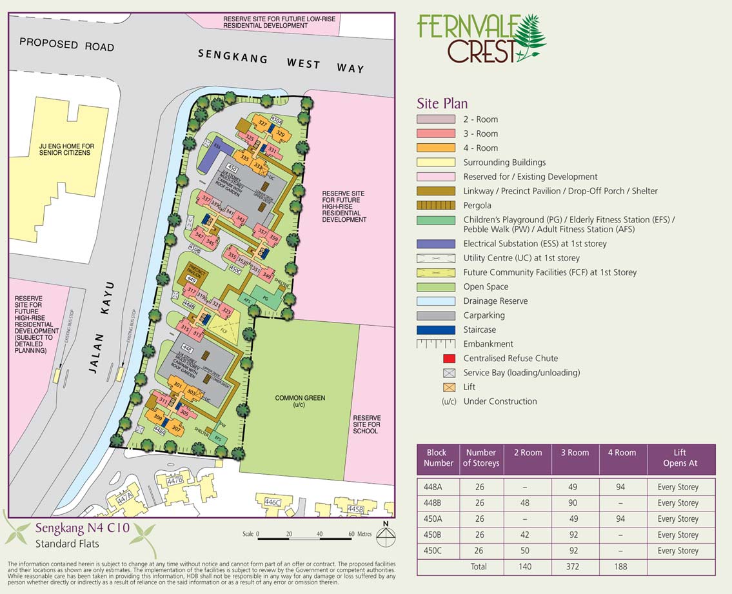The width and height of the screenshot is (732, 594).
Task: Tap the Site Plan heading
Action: tap(442, 103)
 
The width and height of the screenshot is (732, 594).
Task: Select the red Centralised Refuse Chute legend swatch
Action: tap(449, 359)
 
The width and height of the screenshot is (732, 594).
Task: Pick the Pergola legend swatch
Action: tap(437, 205)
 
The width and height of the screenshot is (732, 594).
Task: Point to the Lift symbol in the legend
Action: tap(449, 387)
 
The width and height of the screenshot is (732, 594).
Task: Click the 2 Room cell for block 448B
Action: tap(528, 503)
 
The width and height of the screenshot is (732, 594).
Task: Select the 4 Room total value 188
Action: tap(622, 567)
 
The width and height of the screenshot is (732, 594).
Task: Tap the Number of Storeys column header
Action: tap(481, 458)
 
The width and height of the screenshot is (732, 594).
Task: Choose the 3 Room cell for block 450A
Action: tap(575, 519)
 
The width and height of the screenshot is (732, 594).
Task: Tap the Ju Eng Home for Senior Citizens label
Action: tap(66, 150)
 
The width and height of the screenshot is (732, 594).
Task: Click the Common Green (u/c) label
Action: tap(300, 401)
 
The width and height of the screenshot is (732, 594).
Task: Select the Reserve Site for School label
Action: tap(366, 424)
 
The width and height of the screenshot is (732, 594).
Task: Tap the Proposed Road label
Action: tap(66, 45)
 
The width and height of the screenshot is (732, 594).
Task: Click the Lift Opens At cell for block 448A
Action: tap(678, 487)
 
